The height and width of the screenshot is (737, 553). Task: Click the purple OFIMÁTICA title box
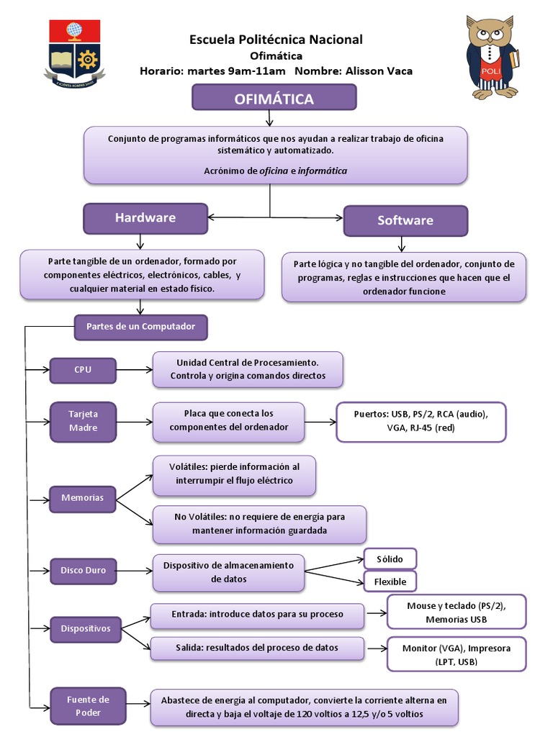(x=274, y=99)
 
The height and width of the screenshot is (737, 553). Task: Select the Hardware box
(x=145, y=218)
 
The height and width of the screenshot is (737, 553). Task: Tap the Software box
(x=405, y=220)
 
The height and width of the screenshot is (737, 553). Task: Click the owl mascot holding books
(x=491, y=58)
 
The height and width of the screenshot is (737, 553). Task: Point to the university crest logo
(x=75, y=53)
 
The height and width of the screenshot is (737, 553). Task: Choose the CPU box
(x=83, y=370)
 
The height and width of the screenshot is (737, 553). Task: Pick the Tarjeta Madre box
(x=83, y=420)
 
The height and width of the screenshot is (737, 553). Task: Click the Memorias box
(x=82, y=498)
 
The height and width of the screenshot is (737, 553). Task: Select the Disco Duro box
(x=83, y=570)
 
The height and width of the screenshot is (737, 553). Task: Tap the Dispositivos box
(x=85, y=628)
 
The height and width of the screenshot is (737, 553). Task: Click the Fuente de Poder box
(x=88, y=705)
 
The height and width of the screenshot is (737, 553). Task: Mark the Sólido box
(x=390, y=559)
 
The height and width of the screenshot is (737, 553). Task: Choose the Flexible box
(x=390, y=581)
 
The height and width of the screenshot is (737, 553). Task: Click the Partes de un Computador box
(x=140, y=327)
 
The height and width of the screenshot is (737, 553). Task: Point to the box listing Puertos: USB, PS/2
(x=421, y=421)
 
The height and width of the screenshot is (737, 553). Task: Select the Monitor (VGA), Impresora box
(x=456, y=654)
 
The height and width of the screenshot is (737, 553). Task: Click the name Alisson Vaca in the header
(x=379, y=71)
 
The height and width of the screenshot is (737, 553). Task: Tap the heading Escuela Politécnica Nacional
(x=276, y=40)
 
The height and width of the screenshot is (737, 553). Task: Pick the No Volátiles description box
(x=259, y=523)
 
